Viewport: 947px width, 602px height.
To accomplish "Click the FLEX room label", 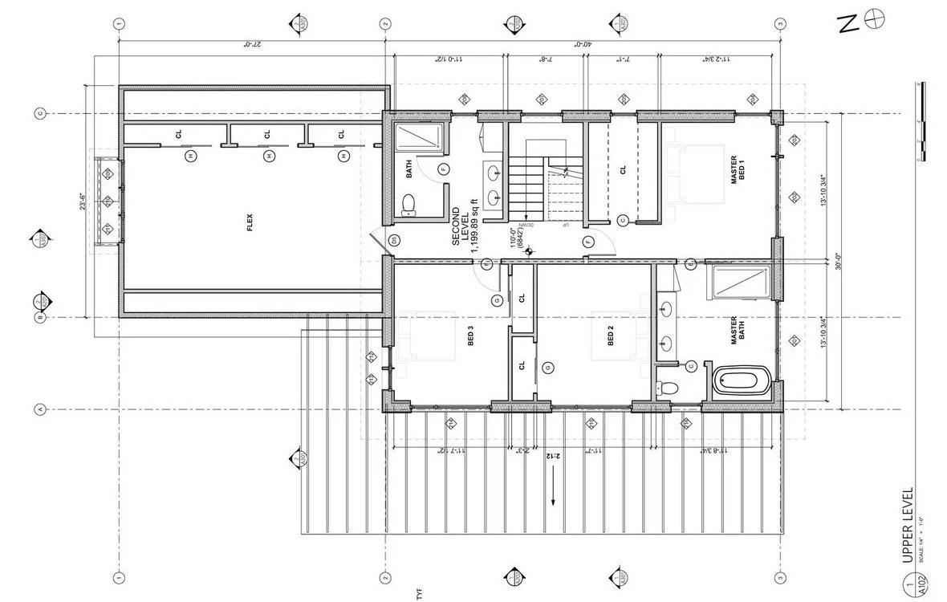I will (x=251, y=228).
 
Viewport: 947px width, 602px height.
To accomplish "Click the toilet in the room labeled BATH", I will (x=408, y=205).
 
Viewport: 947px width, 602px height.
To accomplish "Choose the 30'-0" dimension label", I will (x=837, y=262).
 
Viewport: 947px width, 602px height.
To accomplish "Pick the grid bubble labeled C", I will (x=41, y=114).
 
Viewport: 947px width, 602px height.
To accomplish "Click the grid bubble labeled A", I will (x=41, y=410).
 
